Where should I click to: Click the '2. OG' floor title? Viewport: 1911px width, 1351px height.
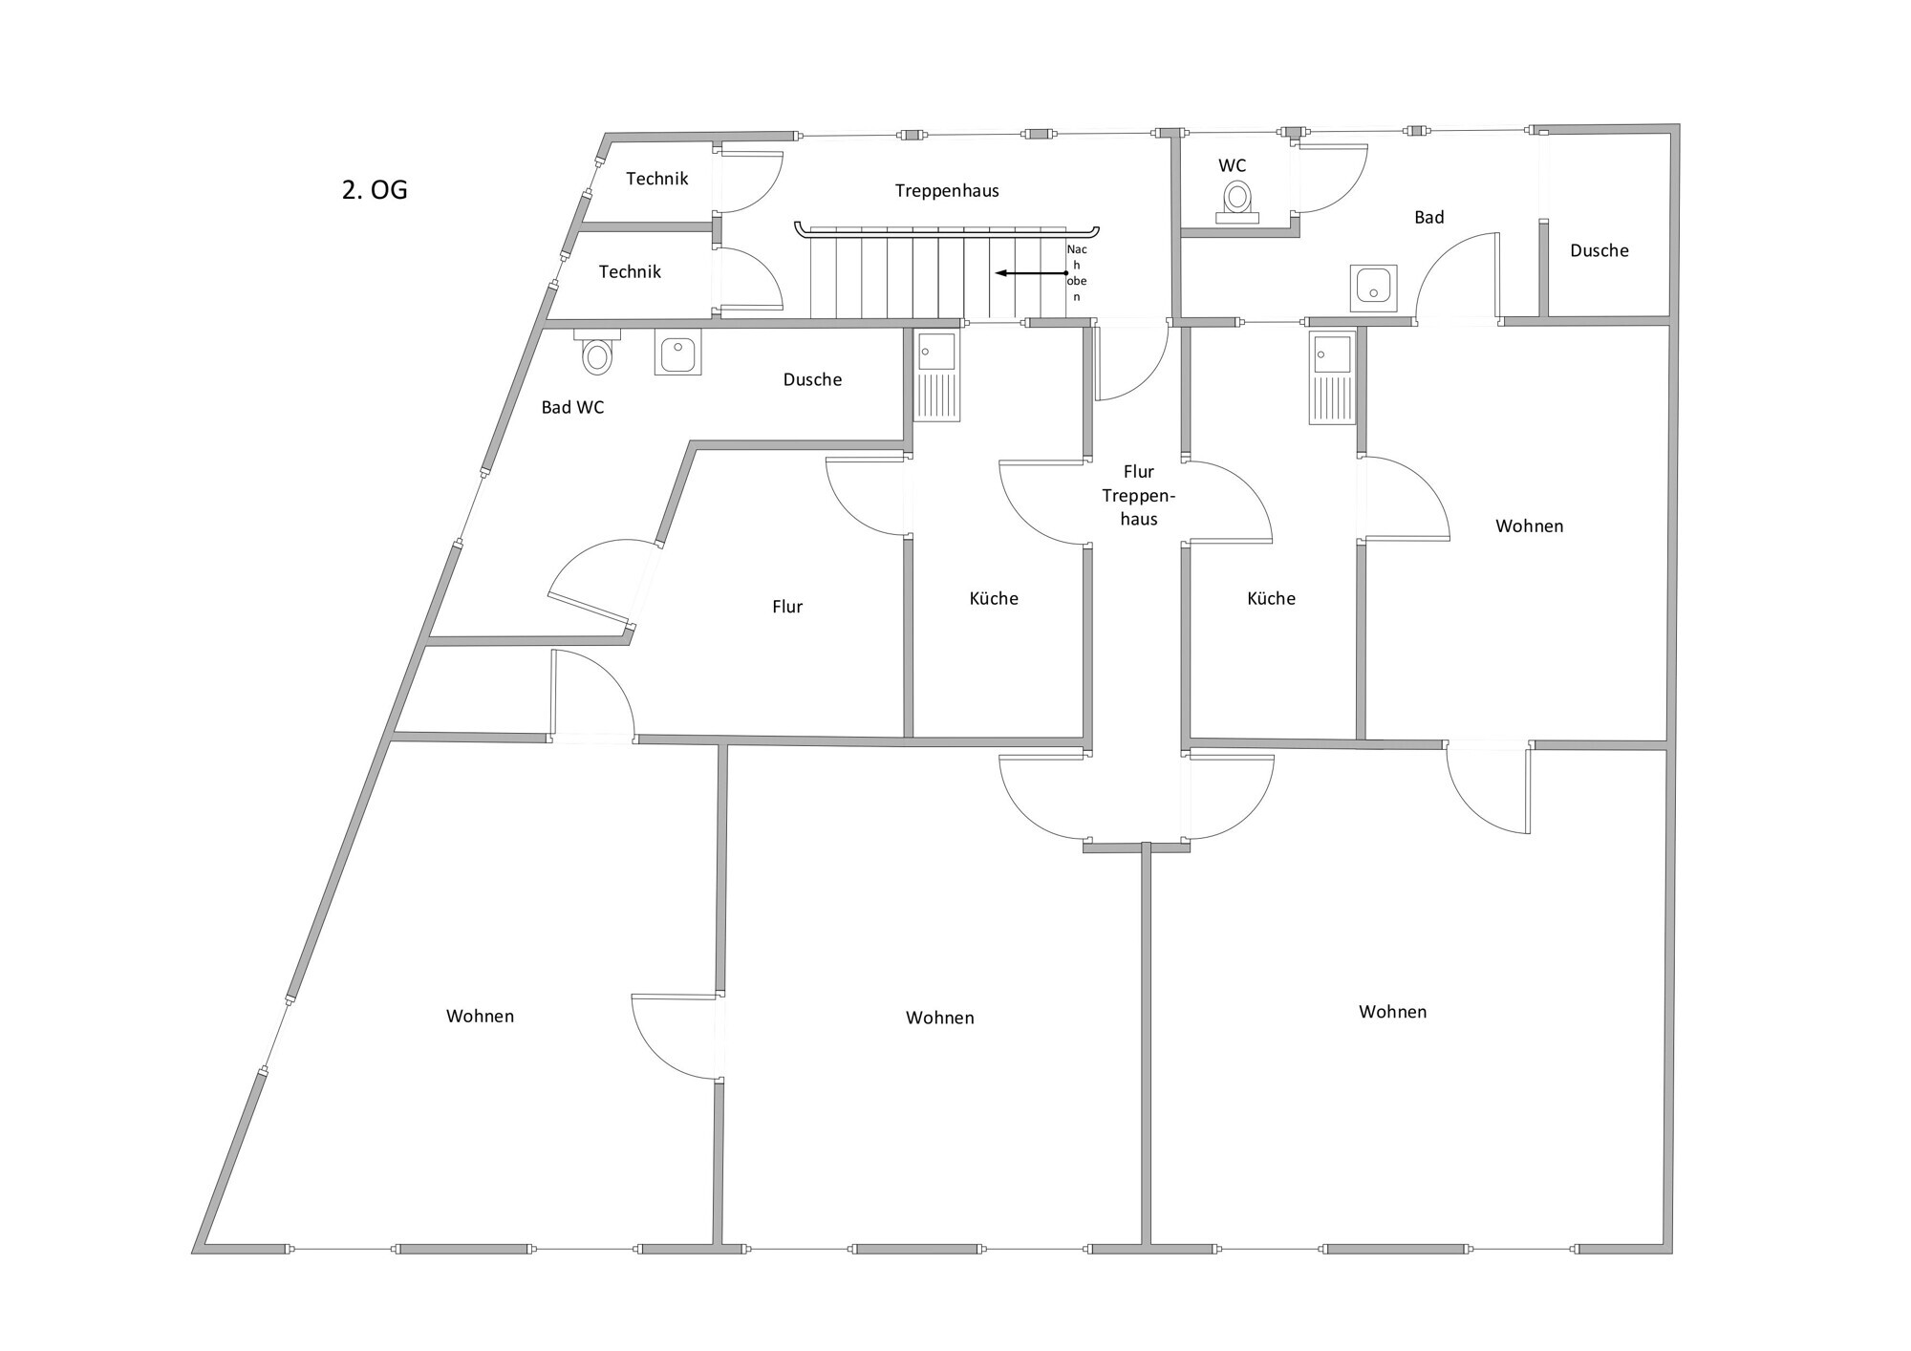375,190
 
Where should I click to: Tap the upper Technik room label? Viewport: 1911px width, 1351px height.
657,179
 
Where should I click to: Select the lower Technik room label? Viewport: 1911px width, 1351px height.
630,272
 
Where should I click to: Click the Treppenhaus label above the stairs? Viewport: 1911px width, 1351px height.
947,191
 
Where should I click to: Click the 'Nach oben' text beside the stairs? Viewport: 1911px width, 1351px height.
1077,273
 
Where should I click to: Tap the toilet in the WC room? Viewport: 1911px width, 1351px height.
1237,201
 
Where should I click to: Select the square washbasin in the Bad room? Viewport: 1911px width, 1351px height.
1373,288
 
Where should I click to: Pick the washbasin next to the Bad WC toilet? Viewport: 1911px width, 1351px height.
677,352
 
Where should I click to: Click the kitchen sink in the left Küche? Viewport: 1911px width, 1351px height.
936,375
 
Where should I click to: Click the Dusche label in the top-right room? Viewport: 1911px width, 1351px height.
1599,251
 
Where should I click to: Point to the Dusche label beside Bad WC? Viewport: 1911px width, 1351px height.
812,380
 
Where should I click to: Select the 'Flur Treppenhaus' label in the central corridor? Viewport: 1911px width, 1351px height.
1138,495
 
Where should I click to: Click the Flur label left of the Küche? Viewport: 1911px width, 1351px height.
787,607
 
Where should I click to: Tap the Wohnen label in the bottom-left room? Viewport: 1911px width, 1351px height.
480,1017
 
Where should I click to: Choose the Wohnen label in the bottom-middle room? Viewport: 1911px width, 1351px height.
939,1019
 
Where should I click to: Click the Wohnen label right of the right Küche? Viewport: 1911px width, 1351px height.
1529,526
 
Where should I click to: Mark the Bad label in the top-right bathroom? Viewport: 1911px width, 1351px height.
1428,218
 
